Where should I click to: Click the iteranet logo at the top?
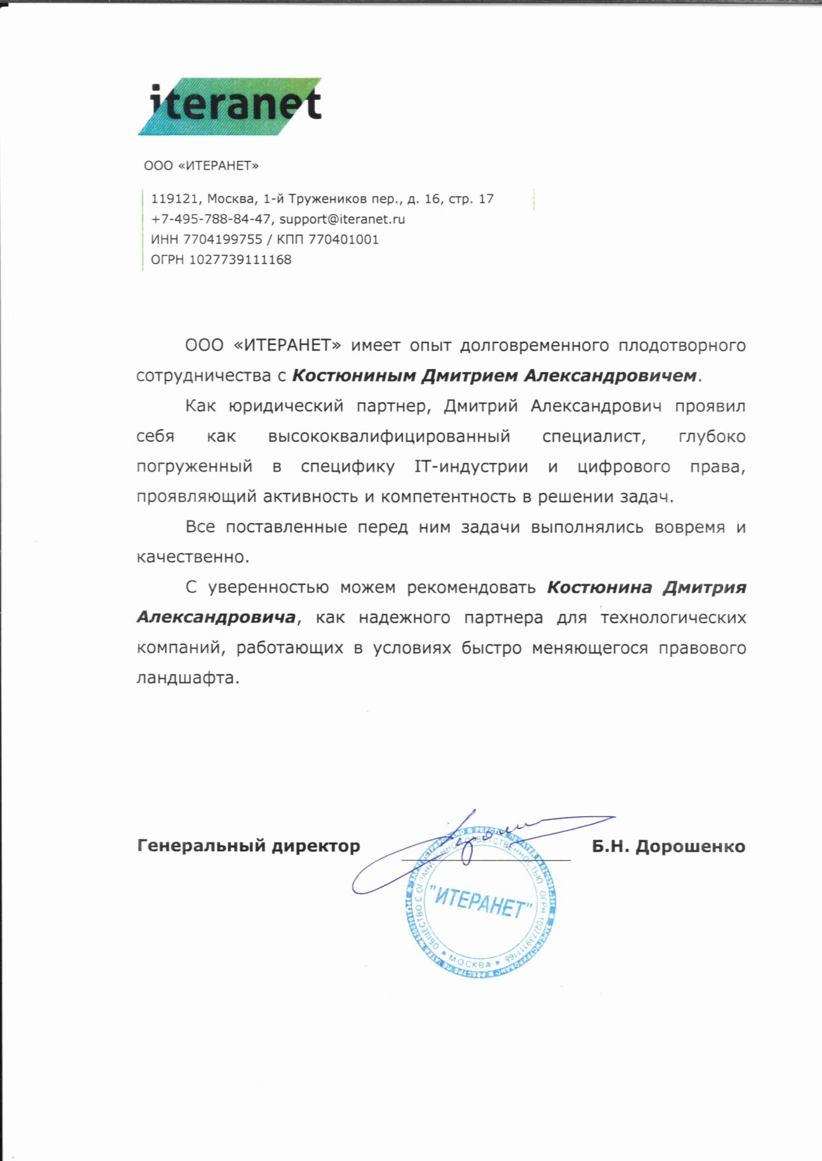pos(230,106)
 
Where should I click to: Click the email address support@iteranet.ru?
pos(342,219)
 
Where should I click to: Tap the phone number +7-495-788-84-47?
pos(211,219)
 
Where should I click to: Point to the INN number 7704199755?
pos(223,240)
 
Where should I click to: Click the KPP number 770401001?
pos(343,240)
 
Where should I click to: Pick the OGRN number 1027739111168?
pos(240,260)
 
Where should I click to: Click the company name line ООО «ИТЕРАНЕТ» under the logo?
pos(201,166)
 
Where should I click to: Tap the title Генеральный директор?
pos(249,846)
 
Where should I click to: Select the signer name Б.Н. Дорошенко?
pos(668,846)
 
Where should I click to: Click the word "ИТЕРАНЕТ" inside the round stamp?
pos(481,902)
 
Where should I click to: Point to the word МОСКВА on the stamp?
pos(470,962)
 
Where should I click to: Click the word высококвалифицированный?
pos(389,436)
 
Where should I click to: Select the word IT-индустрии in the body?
pos(471,467)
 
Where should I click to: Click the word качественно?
pos(192,557)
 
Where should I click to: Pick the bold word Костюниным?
pos(353,376)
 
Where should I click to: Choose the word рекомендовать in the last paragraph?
pos(471,587)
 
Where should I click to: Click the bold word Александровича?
pos(216,618)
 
